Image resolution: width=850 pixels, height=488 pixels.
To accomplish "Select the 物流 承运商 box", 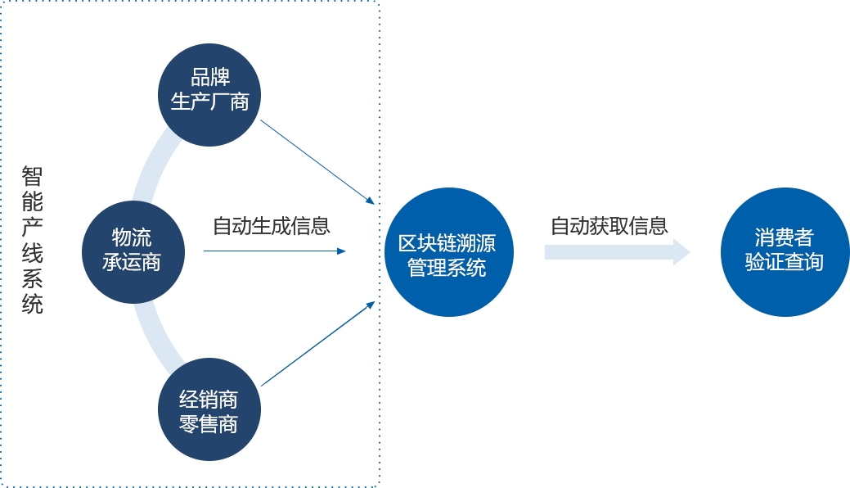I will tap(133, 251).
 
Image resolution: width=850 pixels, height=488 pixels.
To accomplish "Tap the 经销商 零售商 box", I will tap(209, 409).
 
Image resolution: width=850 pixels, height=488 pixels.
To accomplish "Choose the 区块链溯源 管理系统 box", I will tap(448, 252).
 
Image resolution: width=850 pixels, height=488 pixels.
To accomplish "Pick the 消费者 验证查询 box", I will tap(785, 252).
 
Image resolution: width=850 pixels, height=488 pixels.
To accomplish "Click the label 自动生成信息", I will tap(271, 226).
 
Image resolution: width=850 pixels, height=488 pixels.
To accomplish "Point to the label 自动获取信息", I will tap(609, 226).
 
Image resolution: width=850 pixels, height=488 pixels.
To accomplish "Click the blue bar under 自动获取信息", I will tap(618, 252).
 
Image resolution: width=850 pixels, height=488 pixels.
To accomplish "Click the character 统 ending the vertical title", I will tap(33, 304).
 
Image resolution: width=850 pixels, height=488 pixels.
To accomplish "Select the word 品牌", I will tap(210, 78).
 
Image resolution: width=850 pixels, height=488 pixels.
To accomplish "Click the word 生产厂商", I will tap(210, 102).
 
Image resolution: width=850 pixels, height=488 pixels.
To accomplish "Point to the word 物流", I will tap(132, 237).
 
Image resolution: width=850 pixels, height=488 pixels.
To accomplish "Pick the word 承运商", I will tap(132, 262).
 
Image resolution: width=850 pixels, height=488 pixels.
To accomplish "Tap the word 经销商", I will tap(209, 400).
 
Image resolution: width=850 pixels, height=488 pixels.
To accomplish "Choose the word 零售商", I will tap(209, 424).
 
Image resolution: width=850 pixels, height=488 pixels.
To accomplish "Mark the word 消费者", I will tap(784, 237).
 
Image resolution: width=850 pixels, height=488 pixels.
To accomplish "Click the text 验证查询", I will tap(784, 262).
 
